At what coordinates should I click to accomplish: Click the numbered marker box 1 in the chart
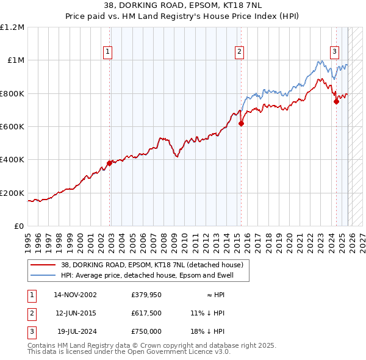[x=107, y=52]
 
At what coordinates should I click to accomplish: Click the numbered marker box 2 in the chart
[x=239, y=52]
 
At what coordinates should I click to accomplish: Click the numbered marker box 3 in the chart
[x=335, y=52]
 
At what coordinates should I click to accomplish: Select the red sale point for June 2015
[x=241, y=123]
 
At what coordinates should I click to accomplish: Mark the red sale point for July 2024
[x=336, y=102]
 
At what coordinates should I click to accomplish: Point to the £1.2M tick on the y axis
[x=12, y=27]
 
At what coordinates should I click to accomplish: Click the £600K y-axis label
[x=12, y=127]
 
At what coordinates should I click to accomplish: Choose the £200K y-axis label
[x=12, y=193]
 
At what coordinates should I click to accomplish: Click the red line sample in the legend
[x=43, y=265]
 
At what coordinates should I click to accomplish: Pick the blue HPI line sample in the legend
[x=43, y=275]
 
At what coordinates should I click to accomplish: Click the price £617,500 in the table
[x=146, y=313]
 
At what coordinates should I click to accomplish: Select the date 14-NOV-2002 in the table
[x=75, y=295]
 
